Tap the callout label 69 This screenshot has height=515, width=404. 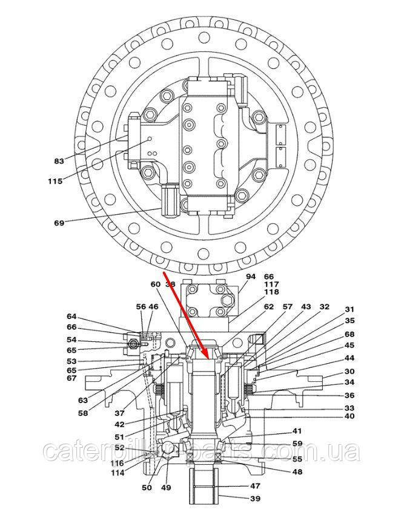point(59,223)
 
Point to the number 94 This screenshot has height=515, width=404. point(251,277)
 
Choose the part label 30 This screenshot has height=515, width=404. point(350,372)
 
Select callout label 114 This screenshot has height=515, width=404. point(119,473)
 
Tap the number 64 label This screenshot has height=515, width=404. point(72,317)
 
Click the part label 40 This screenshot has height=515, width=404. point(350,416)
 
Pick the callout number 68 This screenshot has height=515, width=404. point(350,335)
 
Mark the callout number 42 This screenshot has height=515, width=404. point(119,424)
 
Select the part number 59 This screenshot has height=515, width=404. point(297,444)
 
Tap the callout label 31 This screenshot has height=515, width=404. point(350,310)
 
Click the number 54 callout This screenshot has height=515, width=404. point(72,340)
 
